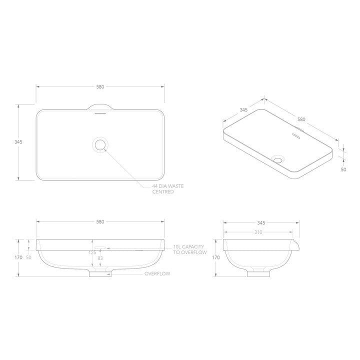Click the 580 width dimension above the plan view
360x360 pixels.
[x=100, y=86]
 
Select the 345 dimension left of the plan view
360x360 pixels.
[x=18, y=142]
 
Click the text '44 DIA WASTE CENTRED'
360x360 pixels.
[x=167, y=188]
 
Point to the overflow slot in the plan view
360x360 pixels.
[x=100, y=113]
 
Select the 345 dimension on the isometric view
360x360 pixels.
[x=244, y=109]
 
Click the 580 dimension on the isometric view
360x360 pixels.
[x=301, y=119]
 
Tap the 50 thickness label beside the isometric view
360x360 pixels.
[x=343, y=169]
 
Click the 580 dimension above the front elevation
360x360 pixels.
[x=100, y=221]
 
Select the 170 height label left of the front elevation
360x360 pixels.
[x=18, y=257]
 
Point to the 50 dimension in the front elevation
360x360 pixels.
[x=28, y=257]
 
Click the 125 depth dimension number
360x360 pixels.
[x=92, y=253]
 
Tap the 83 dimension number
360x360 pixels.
[x=100, y=258]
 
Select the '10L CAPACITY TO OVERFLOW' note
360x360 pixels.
[x=190, y=249]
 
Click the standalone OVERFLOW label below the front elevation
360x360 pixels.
[x=157, y=274]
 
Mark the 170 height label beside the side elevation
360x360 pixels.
[x=216, y=257]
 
